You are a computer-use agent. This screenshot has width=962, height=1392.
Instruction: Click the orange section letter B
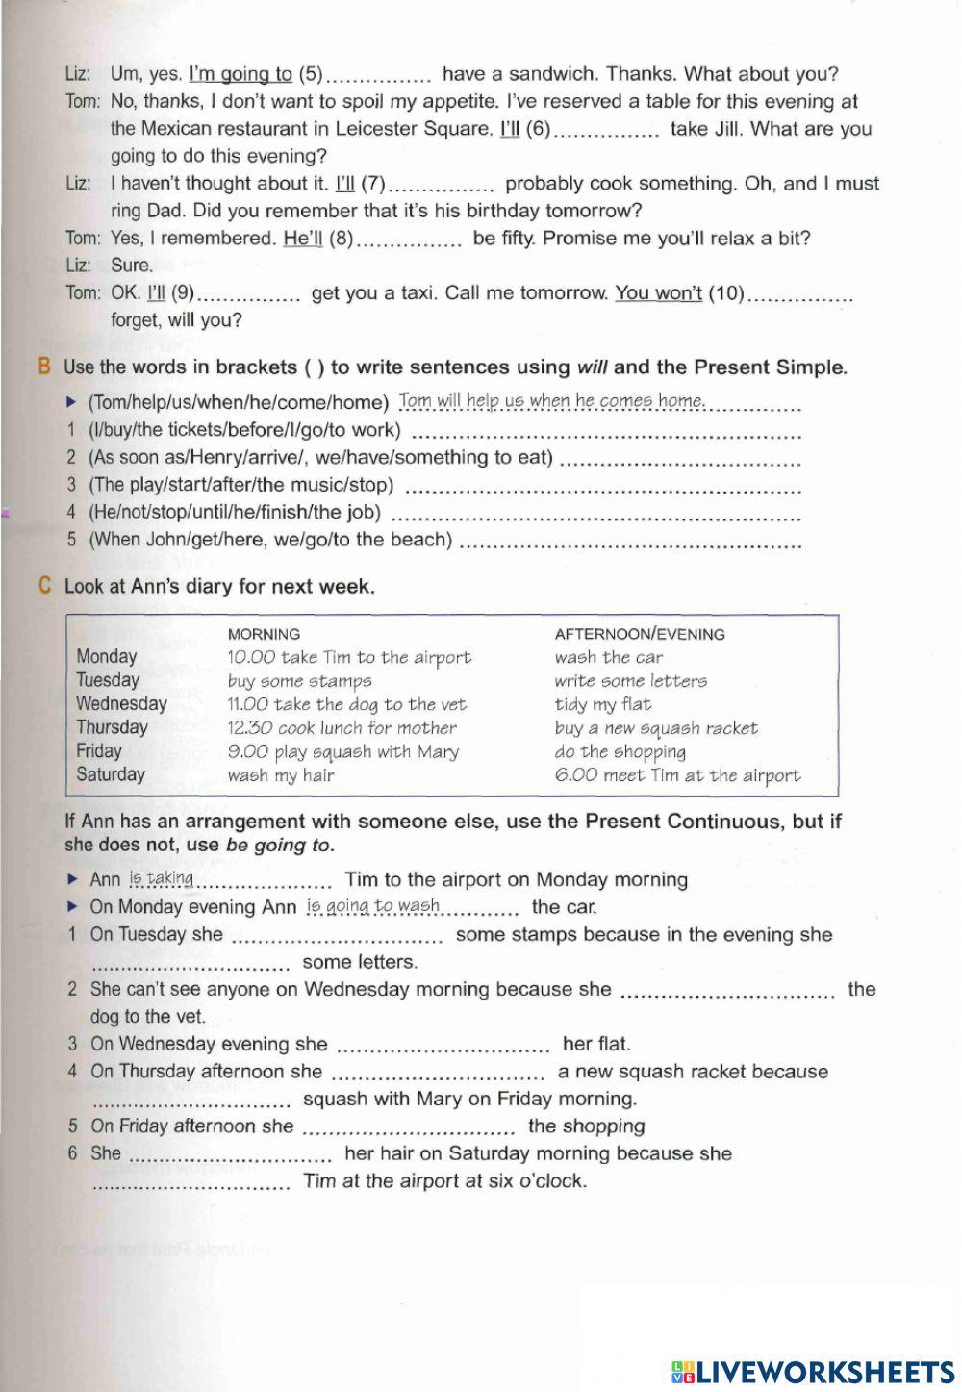(x=43, y=367)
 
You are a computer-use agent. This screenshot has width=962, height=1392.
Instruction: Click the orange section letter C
(x=44, y=586)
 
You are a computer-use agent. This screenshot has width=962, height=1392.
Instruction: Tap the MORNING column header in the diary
(x=264, y=634)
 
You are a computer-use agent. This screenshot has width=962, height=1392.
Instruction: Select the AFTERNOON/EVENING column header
(x=640, y=634)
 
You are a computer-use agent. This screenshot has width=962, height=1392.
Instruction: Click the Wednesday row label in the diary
(x=121, y=703)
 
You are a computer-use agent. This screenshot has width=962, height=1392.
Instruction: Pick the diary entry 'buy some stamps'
(x=299, y=681)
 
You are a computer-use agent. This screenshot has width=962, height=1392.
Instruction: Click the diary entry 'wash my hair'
(x=281, y=775)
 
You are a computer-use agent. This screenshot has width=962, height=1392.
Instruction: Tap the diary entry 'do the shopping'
(x=620, y=751)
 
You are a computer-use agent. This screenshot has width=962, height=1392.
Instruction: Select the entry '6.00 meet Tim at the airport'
(x=677, y=775)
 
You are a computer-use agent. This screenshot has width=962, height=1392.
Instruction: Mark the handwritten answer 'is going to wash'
(x=373, y=905)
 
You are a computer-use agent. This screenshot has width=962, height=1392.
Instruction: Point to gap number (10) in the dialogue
(x=726, y=293)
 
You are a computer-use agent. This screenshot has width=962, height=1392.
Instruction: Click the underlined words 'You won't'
(x=659, y=292)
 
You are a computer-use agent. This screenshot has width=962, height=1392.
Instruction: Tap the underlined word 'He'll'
(x=303, y=239)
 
